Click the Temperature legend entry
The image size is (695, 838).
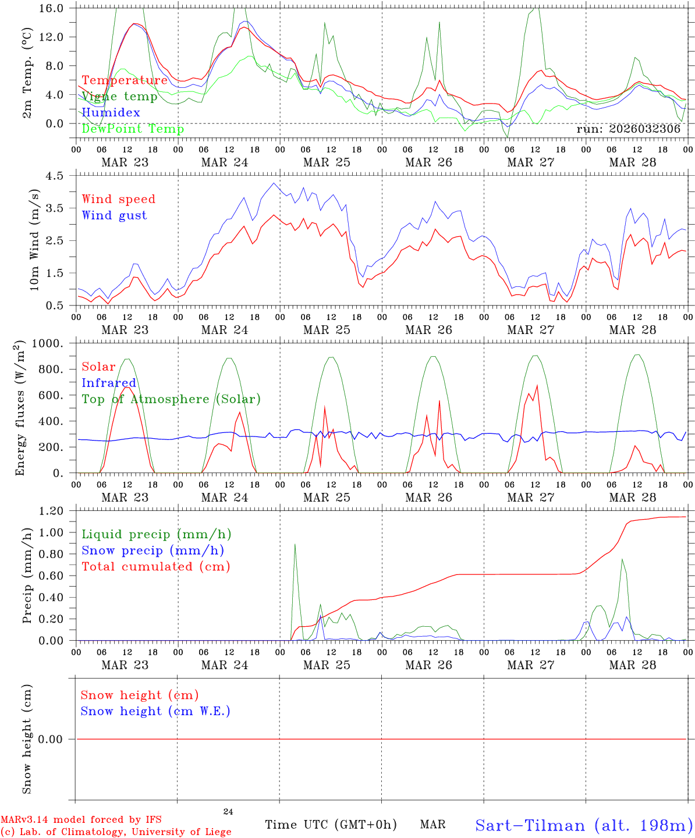coord(125,80)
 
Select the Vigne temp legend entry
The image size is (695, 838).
coord(119,97)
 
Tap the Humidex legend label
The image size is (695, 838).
coord(111,113)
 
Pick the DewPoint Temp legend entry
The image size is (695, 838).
coord(133,129)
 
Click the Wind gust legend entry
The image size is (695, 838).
coord(114,215)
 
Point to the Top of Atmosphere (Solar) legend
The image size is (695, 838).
coord(171,399)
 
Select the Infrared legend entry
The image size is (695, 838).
coord(109,383)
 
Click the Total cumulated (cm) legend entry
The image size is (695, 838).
coord(155,567)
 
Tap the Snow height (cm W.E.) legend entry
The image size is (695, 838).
coord(155,711)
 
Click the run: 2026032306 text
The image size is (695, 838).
coord(628,129)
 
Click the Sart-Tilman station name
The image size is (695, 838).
coord(584,825)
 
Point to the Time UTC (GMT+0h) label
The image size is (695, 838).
coord(331,825)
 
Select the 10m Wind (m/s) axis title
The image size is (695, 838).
coord(34,240)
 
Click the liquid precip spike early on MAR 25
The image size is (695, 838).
coord(295,545)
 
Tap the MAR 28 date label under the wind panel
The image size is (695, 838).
coord(633,330)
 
